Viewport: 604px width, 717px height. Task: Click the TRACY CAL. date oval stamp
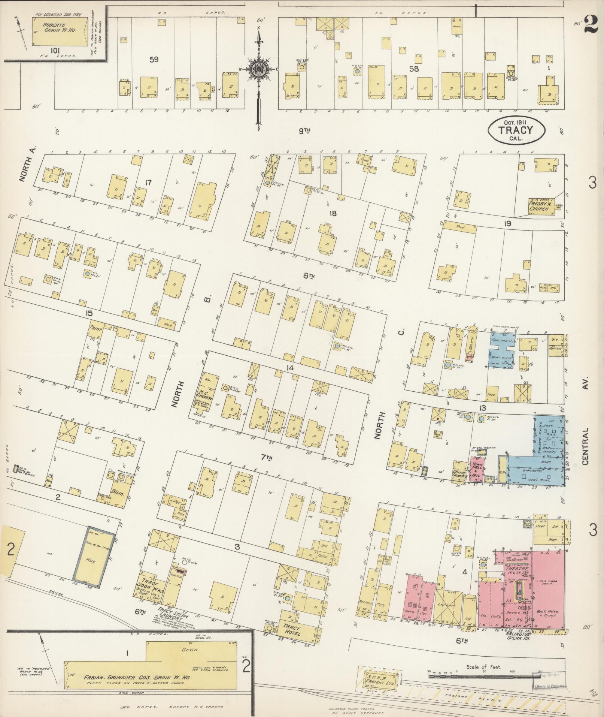516,130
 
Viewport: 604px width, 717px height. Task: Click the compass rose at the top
258,69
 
